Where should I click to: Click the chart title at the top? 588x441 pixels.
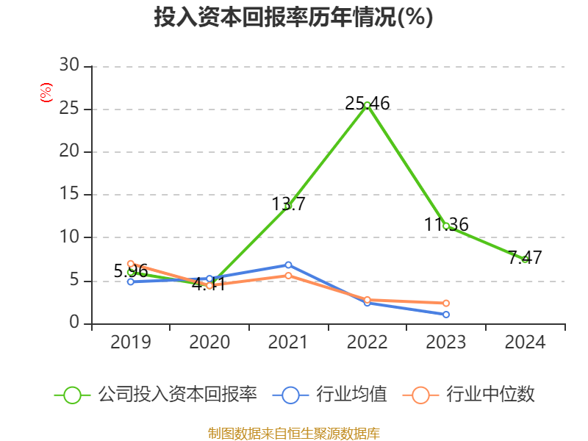click(x=293, y=18)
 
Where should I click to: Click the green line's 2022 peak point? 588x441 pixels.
click(x=367, y=105)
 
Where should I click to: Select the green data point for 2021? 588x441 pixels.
click(x=288, y=207)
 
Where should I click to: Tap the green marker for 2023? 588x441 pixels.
click(x=446, y=226)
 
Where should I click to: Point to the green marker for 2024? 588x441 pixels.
click(x=525, y=259)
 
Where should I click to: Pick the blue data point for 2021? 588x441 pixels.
click(x=288, y=265)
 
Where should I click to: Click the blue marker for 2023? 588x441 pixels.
click(x=446, y=315)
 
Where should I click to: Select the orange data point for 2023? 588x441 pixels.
click(x=446, y=303)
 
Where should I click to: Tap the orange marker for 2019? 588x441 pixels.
click(x=131, y=263)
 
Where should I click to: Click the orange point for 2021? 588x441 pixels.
click(x=288, y=276)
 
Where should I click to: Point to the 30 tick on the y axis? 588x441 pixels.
click(x=69, y=66)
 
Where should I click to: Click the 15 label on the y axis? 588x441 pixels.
click(x=69, y=195)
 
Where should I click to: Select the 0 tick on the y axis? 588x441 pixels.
click(x=74, y=323)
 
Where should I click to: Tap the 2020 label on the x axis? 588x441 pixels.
click(x=209, y=343)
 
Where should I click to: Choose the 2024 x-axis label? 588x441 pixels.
click(x=525, y=343)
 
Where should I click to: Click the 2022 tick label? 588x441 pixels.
click(x=367, y=343)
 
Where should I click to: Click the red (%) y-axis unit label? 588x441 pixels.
click(x=46, y=93)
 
